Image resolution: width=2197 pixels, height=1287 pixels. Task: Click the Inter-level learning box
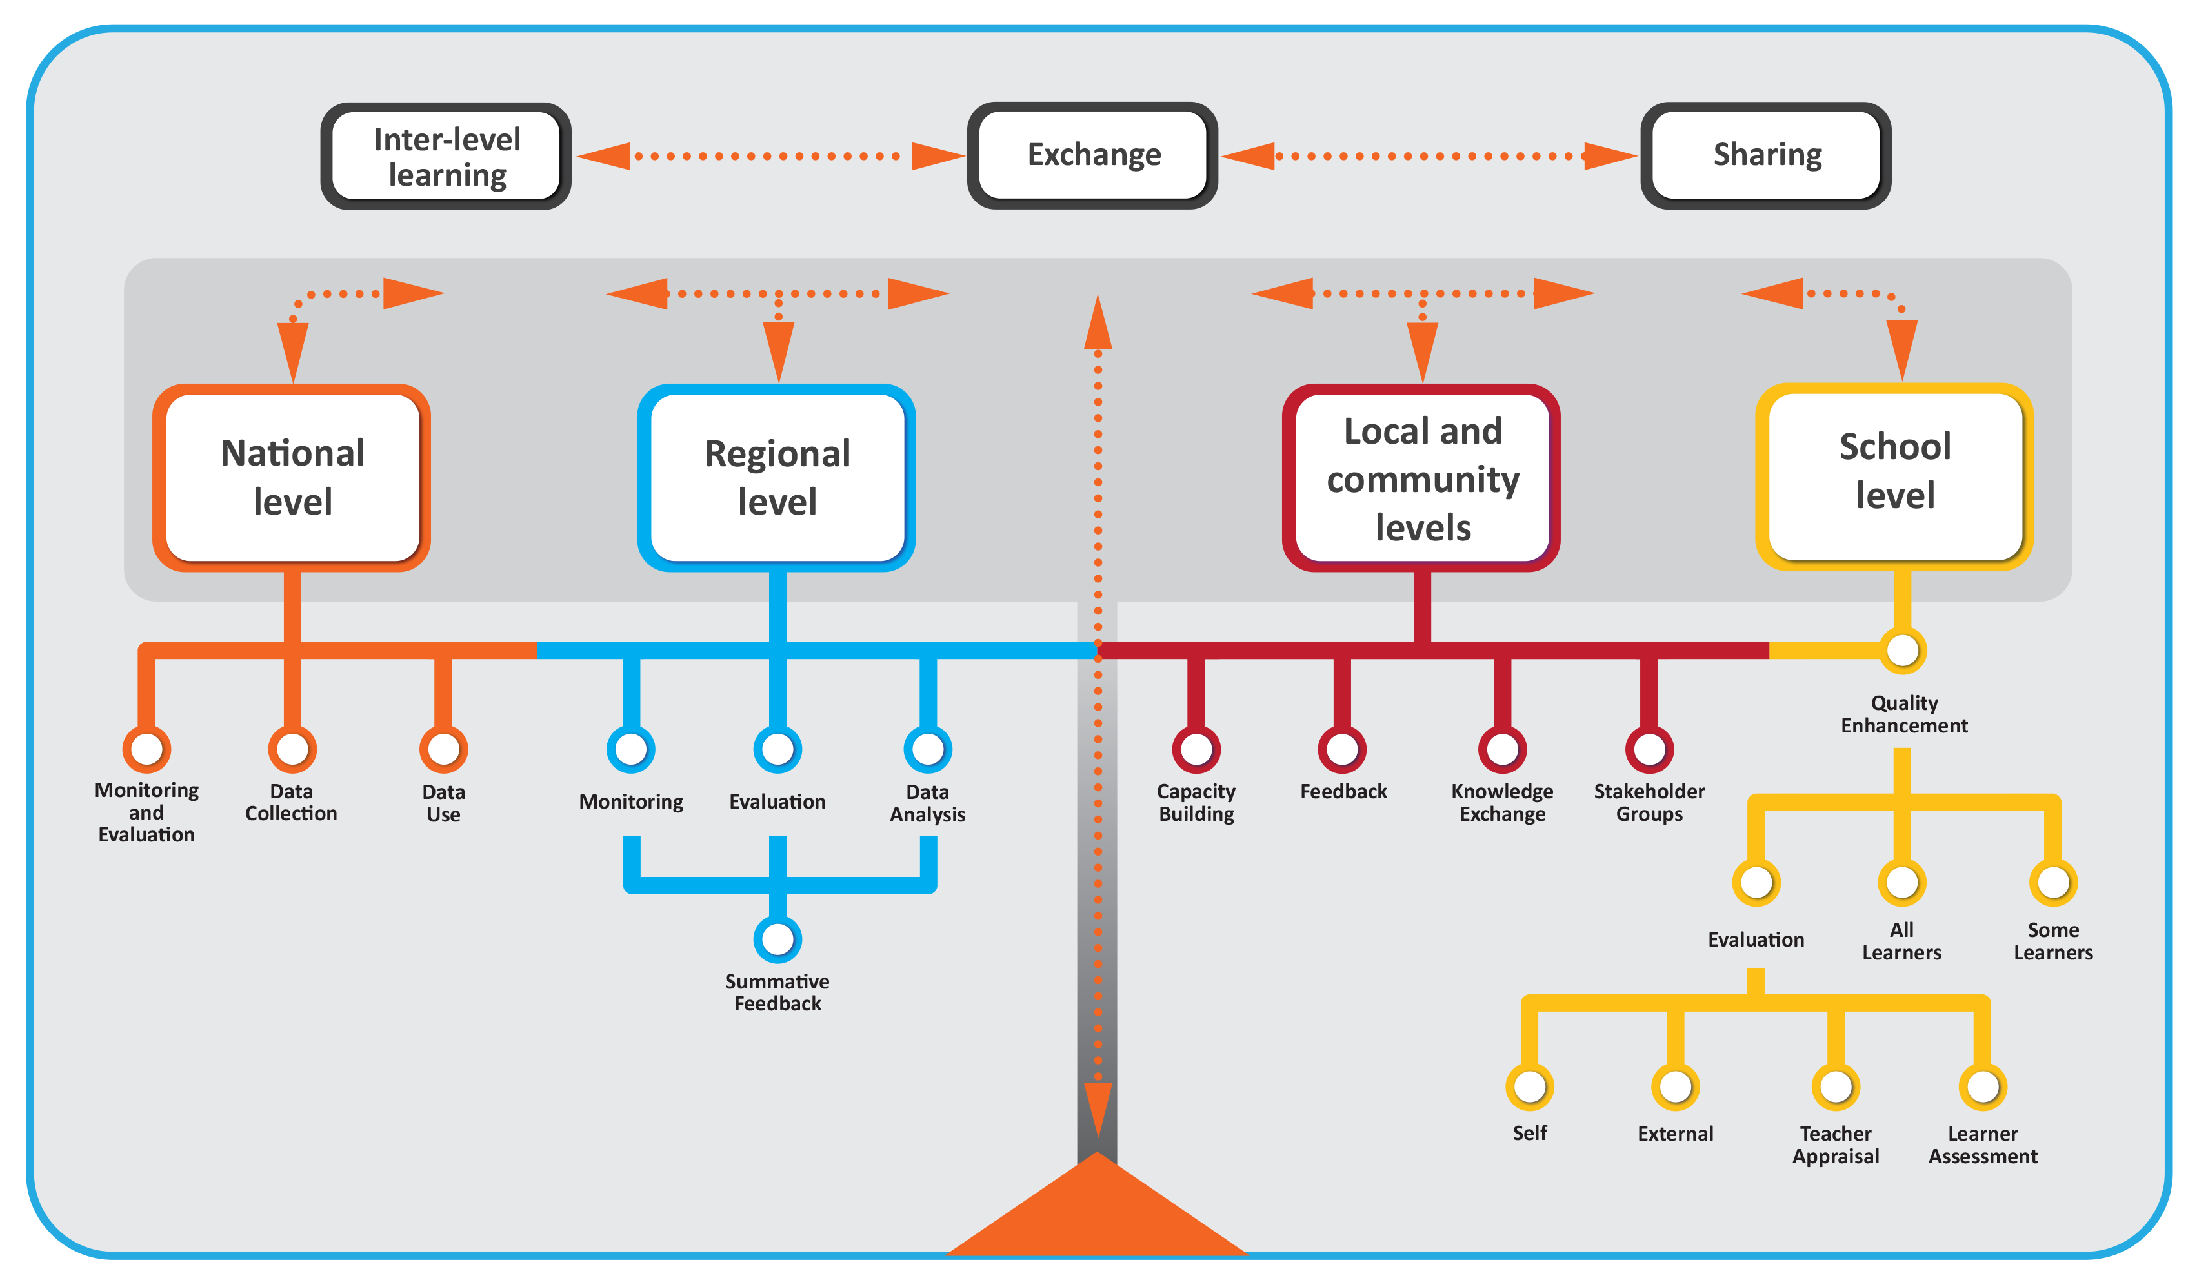(446, 156)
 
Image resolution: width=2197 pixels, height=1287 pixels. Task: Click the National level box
(292, 478)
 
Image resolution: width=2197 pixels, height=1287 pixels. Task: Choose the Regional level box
(776, 478)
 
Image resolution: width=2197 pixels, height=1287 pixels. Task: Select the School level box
(1894, 476)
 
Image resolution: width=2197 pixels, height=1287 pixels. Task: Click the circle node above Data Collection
(292, 749)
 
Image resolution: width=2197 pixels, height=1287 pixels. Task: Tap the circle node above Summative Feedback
(777, 938)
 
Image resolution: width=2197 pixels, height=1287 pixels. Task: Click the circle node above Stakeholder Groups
(1649, 749)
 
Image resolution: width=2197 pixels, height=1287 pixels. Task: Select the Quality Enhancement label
(1903, 714)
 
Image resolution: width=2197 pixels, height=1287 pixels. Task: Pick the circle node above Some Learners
(2052, 882)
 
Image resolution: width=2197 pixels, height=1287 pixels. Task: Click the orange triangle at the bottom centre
(1097, 1215)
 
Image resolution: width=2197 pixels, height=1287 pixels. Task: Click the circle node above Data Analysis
(928, 749)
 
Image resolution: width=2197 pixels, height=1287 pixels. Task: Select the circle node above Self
(1529, 1086)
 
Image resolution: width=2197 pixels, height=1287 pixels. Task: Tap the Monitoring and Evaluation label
(146, 811)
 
